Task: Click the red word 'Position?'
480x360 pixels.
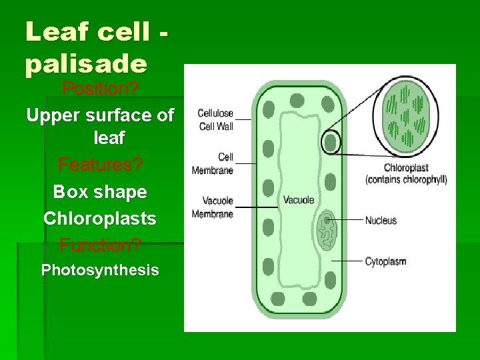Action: pos(99,88)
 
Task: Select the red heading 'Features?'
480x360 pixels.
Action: pos(100,163)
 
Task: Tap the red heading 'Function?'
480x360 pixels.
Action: pos(100,245)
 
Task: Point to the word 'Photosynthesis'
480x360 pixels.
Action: pos(100,270)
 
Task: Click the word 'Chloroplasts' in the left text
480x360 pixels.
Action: pos(100,218)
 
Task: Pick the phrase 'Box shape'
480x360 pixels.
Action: pos(100,192)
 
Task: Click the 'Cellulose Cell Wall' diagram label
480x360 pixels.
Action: pos(215,119)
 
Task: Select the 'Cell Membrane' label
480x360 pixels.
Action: pos(213,164)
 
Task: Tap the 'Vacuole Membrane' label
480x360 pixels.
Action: pos(213,207)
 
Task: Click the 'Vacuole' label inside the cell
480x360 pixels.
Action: pos(299,200)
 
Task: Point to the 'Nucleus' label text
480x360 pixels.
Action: pos(381,221)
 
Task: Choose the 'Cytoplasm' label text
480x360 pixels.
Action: pos(385,261)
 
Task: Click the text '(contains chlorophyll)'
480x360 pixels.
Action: pos(406,179)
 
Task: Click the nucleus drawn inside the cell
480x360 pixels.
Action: pos(327,230)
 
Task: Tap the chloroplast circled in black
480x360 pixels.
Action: pos(330,143)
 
